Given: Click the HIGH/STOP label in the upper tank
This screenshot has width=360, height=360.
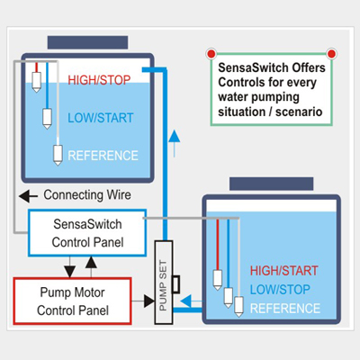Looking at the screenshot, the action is point(99,80).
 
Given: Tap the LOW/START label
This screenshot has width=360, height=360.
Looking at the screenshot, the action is point(101,118).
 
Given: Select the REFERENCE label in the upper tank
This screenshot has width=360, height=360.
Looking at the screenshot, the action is point(103,156).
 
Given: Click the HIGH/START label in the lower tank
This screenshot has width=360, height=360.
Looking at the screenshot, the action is point(283,271).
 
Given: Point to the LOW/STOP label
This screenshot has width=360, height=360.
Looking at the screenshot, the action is point(280,290).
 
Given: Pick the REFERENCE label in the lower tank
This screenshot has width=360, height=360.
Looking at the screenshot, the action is point(285,309).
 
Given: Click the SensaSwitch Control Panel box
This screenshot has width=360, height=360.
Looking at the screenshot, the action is point(87,233).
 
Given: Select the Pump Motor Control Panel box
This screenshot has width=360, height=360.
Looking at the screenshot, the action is point(73,301).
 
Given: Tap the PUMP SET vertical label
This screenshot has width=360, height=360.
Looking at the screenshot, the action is point(163,285).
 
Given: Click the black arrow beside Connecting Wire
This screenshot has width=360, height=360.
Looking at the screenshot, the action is point(28,196).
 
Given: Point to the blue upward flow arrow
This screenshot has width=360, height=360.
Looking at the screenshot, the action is point(175,143).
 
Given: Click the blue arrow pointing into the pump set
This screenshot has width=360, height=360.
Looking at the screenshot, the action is point(192,301).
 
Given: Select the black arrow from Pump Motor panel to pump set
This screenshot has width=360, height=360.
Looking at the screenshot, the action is point(143,301).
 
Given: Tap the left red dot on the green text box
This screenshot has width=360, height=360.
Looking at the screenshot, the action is point(211,54).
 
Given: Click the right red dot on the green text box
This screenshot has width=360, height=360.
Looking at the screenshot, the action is point(331,54).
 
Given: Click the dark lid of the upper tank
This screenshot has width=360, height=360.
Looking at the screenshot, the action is point(87,42).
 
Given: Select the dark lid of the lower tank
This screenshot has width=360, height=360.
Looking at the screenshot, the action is point(272,184).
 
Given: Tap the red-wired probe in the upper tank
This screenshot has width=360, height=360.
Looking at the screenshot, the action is point(36,77).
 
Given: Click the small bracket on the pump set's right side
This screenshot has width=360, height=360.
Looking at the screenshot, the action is point(176,284).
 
